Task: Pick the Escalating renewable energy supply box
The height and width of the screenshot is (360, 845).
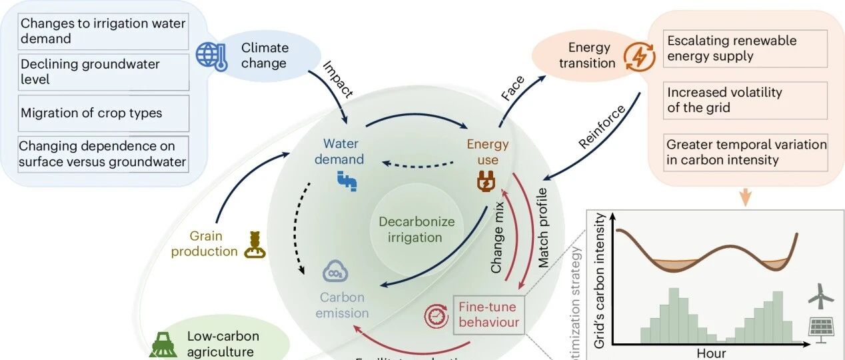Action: click(744, 48)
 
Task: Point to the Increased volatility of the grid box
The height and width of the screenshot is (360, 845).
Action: click(744, 100)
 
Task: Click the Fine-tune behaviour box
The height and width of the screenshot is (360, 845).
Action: click(488, 314)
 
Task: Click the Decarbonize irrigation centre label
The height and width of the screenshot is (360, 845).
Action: click(417, 229)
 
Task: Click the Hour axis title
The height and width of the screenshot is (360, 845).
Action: click(711, 353)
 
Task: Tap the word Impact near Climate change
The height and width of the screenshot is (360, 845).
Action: click(338, 79)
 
